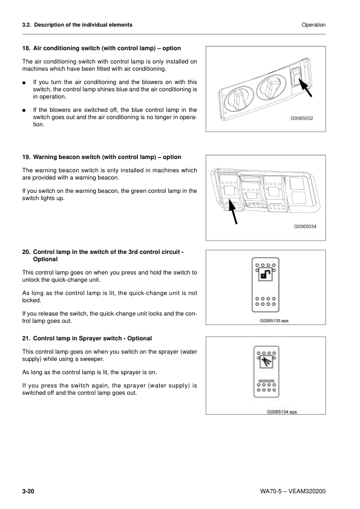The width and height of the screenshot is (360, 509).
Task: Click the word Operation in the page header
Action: click(313, 25)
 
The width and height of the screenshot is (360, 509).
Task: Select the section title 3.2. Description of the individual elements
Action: click(77, 25)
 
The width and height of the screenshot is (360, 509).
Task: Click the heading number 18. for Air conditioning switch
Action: click(27, 47)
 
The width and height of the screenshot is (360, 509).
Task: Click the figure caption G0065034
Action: click(306, 226)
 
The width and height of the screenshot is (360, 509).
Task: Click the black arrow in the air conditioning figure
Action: click(305, 87)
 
